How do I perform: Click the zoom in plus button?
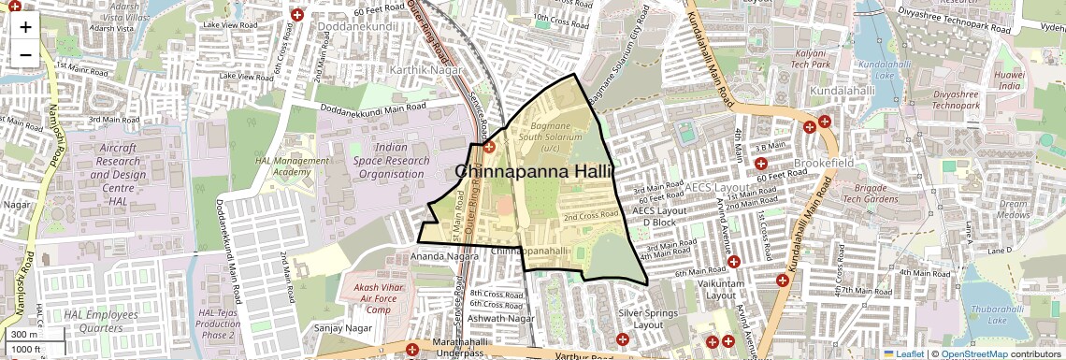tap(25, 26)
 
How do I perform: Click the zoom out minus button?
tap(25, 54)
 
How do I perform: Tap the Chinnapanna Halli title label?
tap(533, 172)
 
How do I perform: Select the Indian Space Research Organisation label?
tap(403, 160)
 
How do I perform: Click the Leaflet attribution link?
tap(904, 353)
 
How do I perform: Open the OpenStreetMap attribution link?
tap(973, 353)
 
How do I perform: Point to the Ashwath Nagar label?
tap(502, 319)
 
